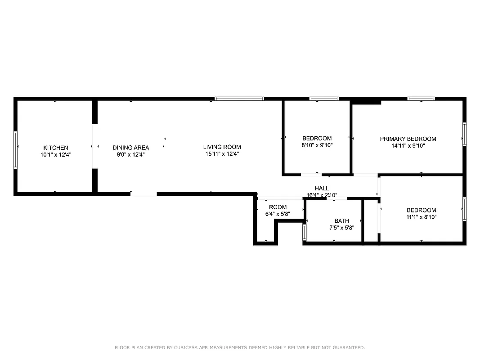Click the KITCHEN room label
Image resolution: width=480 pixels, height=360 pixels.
tap(55, 148)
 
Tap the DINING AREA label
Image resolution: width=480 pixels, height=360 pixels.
tap(130, 148)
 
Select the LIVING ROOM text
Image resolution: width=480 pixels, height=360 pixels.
tap(222, 147)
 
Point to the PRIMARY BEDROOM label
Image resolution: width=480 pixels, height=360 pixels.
tap(408, 139)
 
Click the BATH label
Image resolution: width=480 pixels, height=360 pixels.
tap(341, 221)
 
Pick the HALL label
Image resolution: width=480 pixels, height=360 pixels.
tap(322, 189)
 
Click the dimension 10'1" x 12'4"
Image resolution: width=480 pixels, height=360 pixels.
tap(55, 154)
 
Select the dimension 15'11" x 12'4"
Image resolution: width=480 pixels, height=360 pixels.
tap(222, 154)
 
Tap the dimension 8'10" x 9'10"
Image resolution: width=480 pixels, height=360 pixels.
tap(317, 145)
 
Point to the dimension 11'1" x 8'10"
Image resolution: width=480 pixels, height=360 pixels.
tap(421, 217)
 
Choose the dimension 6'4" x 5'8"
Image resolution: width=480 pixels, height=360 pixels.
tap(278, 214)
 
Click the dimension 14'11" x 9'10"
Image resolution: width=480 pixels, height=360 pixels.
tap(408, 145)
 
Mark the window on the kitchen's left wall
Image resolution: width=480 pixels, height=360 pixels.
tap(15, 150)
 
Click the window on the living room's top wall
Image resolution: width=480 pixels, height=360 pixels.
tap(239, 98)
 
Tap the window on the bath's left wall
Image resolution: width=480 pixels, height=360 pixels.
tap(305, 232)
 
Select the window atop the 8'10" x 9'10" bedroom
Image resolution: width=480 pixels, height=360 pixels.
tap(324, 98)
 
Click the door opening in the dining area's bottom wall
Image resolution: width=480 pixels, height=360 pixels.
tap(144, 194)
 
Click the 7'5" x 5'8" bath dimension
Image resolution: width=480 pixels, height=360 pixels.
tap(341, 228)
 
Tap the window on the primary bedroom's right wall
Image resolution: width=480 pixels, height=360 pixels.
tap(464, 134)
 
